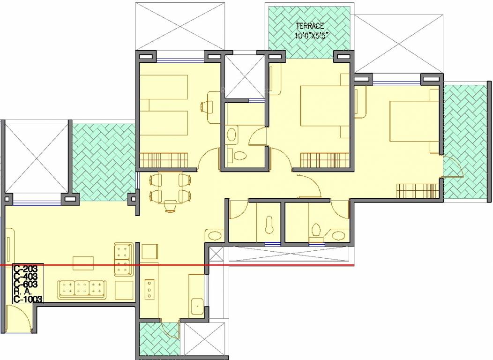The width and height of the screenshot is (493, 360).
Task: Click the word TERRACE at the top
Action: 309,26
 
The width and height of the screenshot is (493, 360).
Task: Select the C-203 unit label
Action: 26,270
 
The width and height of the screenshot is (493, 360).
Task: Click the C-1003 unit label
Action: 28,299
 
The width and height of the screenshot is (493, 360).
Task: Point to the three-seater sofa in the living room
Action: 82,289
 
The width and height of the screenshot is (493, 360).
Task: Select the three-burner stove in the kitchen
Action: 150,289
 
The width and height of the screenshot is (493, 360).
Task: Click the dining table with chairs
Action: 170,190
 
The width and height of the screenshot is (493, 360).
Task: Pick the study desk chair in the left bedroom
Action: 205,106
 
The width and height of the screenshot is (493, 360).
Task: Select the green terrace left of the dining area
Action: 104,159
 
